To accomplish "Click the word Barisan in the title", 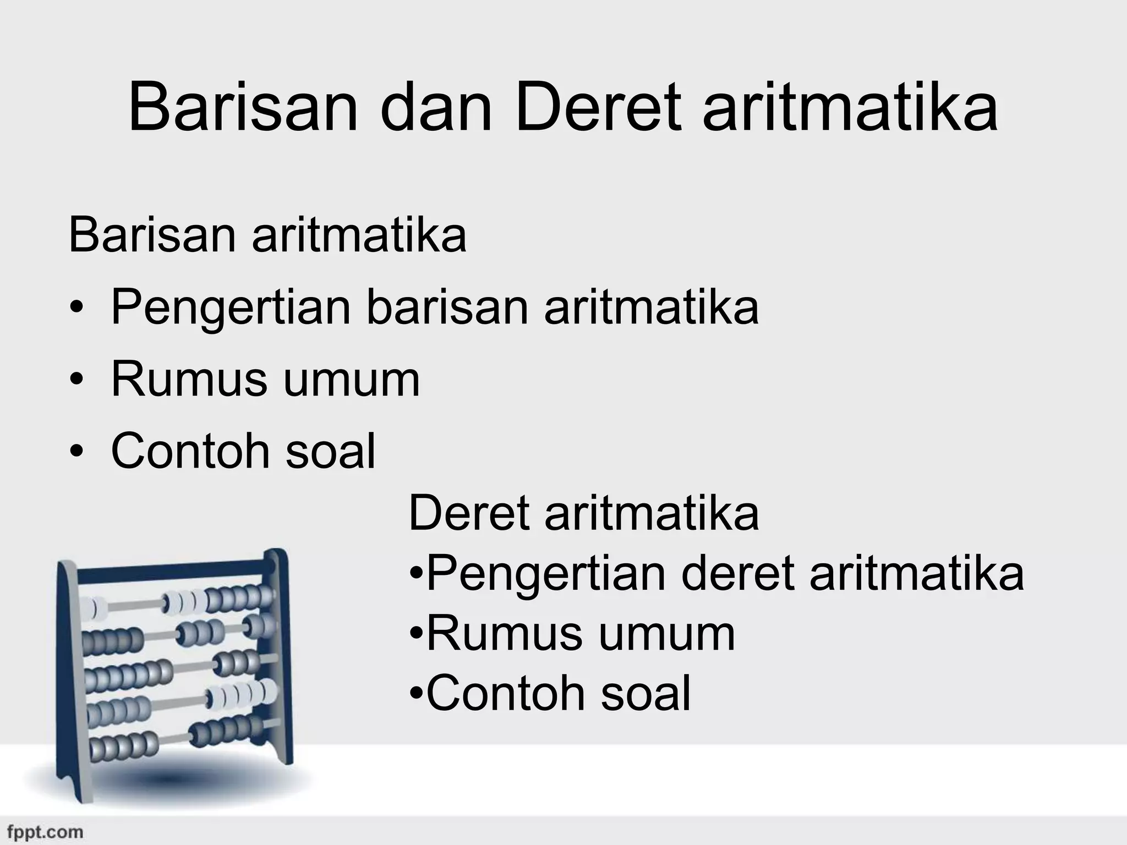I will click(x=243, y=108).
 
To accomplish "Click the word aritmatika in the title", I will click(x=850, y=108).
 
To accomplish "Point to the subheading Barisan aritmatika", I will click(x=267, y=235).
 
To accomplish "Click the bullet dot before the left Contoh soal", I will click(x=78, y=452).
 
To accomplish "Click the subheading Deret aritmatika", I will click(x=583, y=513).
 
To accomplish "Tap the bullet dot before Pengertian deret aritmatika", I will click(x=417, y=577).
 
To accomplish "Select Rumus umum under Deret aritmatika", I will click(x=581, y=634).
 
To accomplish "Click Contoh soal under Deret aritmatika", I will click(x=558, y=694).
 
